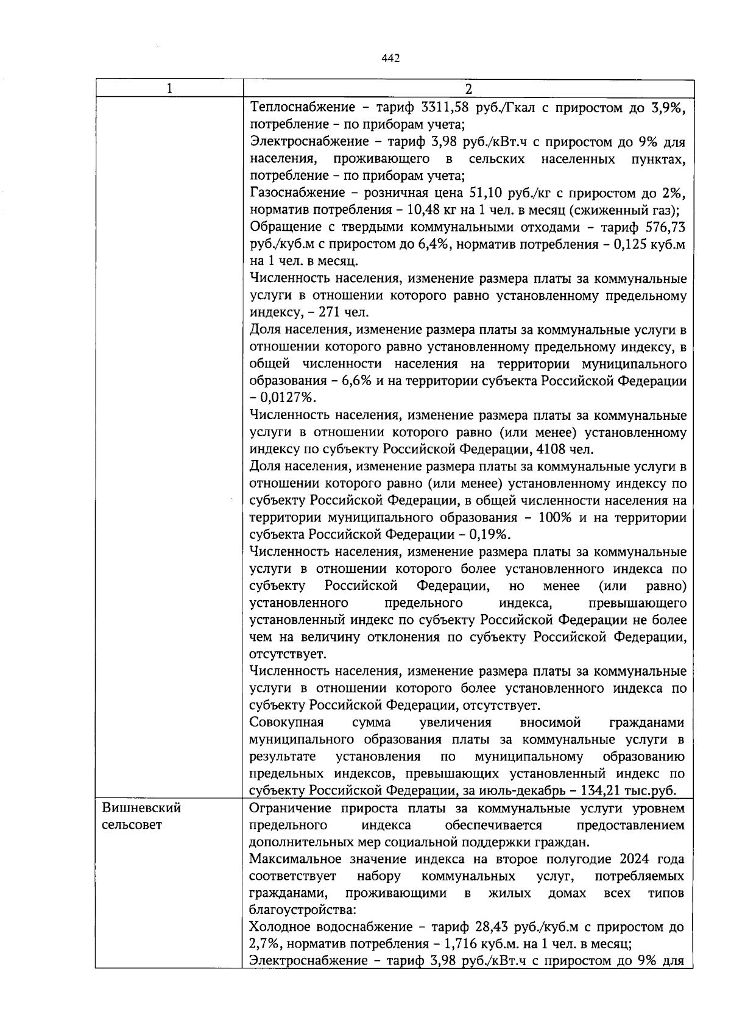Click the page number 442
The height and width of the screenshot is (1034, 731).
(x=390, y=58)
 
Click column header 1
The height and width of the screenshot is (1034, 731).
(x=169, y=88)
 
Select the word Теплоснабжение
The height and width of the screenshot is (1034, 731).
(x=303, y=108)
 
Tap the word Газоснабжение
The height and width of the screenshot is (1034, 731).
(x=298, y=193)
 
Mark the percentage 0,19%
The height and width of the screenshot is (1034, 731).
(x=490, y=535)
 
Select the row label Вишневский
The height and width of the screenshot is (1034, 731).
(x=141, y=808)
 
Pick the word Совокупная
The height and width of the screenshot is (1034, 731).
(x=286, y=723)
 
